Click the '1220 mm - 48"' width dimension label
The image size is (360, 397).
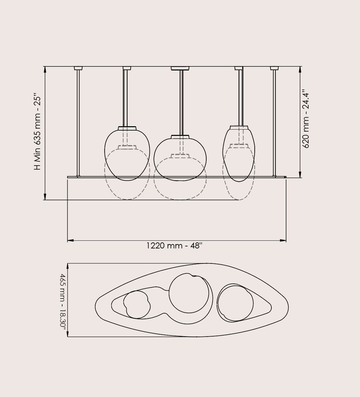pyautogui.click(x=174, y=246)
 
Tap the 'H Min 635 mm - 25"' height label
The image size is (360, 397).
pyautogui.click(x=37, y=133)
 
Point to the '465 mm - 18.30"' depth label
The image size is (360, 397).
pyautogui.click(x=63, y=301)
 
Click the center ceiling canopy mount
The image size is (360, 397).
pyautogui.click(x=180, y=68)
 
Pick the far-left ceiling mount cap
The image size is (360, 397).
pyautogui.click(x=78, y=68)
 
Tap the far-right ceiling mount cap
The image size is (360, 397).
pyautogui.click(x=274, y=68)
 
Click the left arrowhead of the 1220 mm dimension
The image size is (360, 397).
pyautogui.click(x=70, y=240)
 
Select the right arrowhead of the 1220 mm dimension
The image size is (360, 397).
pyautogui.click(x=283, y=240)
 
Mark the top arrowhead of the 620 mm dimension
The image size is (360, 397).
pyautogui.click(x=300, y=70)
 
